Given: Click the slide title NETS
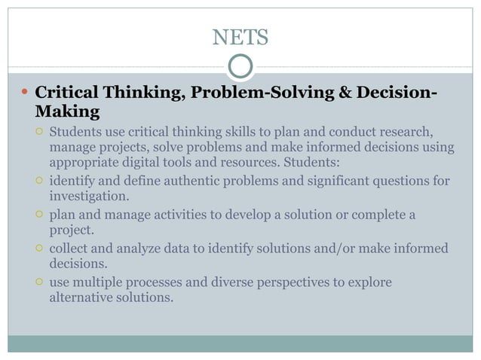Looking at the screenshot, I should click(x=240, y=36).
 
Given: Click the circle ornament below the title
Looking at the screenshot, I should click(x=240, y=67).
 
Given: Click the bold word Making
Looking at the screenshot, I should click(x=67, y=113).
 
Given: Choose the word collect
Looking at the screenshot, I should click(x=70, y=249).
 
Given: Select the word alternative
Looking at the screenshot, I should click(x=83, y=297).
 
